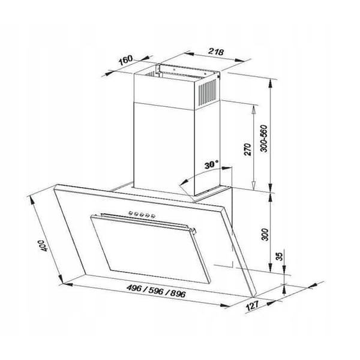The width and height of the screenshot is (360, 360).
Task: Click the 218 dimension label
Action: [215, 52]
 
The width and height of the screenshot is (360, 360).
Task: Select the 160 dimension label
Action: [125, 59]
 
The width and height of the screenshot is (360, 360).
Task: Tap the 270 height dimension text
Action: [247, 149]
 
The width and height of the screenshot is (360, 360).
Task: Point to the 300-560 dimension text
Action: [264, 139]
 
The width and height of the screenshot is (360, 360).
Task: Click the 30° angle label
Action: [211, 164]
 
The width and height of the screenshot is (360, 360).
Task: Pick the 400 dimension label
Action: [43, 245]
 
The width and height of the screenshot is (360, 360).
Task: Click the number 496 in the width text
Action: [134, 288]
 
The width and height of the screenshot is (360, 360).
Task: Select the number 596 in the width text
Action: [156, 290]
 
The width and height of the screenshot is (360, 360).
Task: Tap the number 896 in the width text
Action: [178, 293]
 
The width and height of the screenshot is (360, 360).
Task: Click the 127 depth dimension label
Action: [252, 305]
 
